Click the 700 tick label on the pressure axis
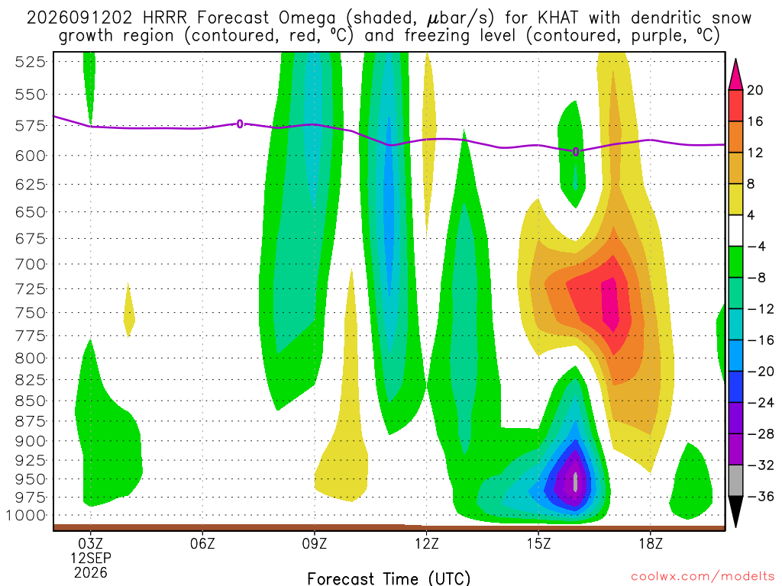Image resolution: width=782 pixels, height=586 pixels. pos(30,264)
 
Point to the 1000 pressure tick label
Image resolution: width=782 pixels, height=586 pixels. pos(26,516)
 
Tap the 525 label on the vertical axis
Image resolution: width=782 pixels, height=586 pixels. pos(30,63)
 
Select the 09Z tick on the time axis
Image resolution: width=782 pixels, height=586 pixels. pos(314,543)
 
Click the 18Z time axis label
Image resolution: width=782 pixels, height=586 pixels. pos(651,543)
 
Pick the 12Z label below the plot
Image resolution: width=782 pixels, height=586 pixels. pos(426,543)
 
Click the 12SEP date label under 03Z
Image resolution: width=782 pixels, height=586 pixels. pos(90,558)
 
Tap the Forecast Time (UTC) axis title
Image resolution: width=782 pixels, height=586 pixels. pos(389,578)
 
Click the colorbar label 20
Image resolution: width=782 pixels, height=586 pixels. pos(755,90)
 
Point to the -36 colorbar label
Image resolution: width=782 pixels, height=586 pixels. pos(760,496)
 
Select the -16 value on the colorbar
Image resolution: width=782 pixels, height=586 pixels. pos(760,340)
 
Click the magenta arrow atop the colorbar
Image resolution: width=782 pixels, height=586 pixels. pos(735,75)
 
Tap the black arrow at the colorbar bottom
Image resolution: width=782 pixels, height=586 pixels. pos(735,511)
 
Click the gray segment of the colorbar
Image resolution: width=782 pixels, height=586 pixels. pos(735,481)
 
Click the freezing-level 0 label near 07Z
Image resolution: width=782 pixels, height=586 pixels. pos(240,124)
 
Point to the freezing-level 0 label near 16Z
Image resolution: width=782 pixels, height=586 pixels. pos(576,152)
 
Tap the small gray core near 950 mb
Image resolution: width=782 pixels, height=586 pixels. pos(576,482)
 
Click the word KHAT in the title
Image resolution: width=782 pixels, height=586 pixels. pos(558,18)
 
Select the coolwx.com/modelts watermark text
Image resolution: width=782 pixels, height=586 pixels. pos(703,577)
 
